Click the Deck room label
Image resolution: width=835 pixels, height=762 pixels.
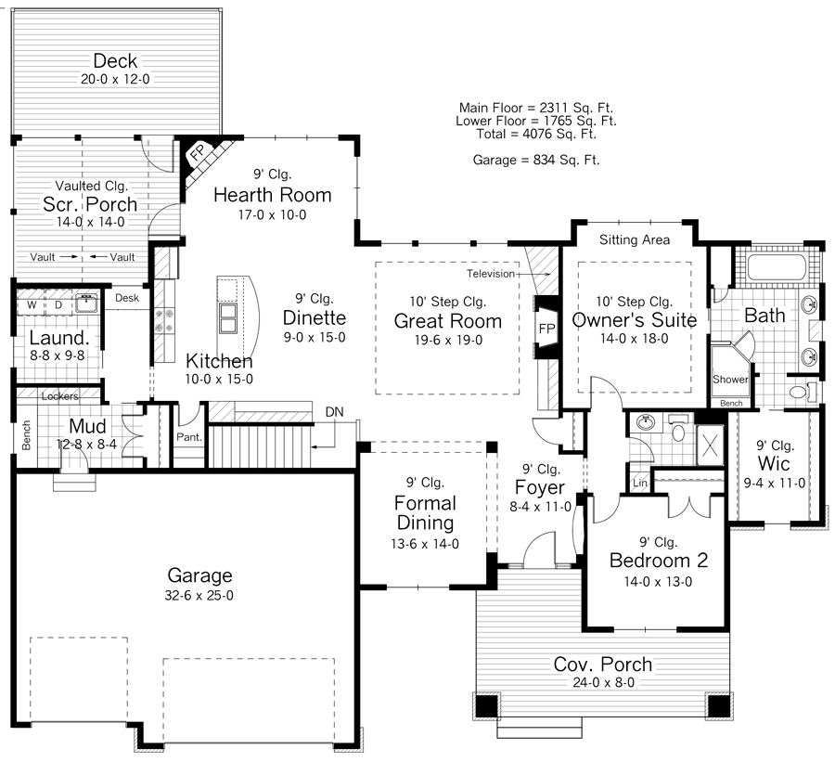[115, 62]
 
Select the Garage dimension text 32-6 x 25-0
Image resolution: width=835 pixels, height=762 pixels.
[199, 595]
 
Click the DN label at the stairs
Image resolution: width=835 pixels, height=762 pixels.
[334, 412]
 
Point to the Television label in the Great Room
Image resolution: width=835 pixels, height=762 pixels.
[495, 275]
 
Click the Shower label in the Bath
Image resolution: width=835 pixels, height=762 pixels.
[730, 380]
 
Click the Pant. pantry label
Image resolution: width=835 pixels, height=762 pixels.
[189, 435]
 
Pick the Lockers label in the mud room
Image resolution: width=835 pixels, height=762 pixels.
[60, 396]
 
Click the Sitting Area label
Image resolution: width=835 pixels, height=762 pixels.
[635, 240]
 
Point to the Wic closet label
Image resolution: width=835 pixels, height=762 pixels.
[773, 463]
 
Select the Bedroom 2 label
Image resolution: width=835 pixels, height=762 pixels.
[659, 561]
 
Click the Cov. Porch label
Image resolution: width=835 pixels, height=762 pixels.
[603, 665]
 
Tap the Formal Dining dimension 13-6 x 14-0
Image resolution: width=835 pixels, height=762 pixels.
[425, 545]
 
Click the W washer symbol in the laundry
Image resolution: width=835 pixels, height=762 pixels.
[32, 304]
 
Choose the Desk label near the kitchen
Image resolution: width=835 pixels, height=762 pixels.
[127, 299]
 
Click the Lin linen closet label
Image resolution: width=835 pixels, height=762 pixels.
[639, 484]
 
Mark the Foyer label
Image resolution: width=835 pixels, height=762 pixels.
[539, 487]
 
